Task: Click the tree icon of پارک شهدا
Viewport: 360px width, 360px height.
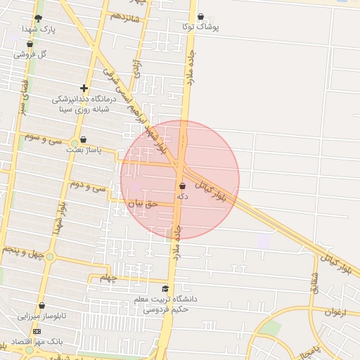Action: tap(38, 18)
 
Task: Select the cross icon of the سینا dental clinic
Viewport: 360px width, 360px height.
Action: tap(84, 89)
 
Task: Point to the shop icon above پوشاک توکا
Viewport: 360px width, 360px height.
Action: tap(200, 16)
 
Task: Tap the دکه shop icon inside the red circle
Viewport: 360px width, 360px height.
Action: tap(183, 186)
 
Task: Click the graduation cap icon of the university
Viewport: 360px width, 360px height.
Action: tap(165, 289)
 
